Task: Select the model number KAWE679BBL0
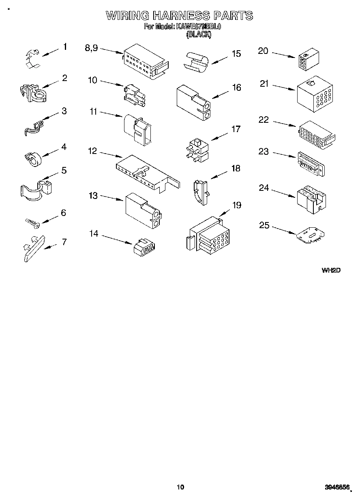(x=198, y=27)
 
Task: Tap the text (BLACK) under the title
(x=198, y=35)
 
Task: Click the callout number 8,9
(x=91, y=48)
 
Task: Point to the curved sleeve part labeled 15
(x=196, y=62)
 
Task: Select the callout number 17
(x=236, y=129)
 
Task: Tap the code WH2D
(x=331, y=270)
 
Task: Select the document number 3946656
(x=337, y=487)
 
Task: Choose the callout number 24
(x=264, y=188)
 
